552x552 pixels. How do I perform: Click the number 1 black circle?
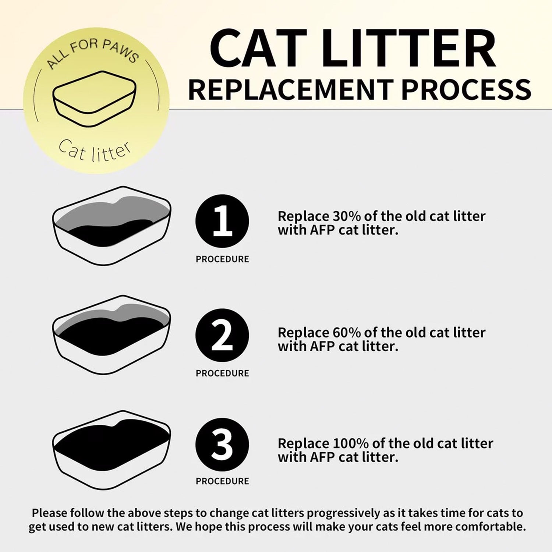click(222, 221)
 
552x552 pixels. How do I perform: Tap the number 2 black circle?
click(222, 335)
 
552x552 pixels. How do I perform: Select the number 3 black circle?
click(222, 445)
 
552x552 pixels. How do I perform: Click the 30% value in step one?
click(347, 216)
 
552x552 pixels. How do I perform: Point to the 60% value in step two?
click(347, 332)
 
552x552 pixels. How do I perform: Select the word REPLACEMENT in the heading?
click(291, 90)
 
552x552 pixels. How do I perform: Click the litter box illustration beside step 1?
click(112, 226)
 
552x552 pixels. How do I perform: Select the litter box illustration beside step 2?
click(112, 335)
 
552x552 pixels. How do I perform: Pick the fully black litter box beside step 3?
click(112, 450)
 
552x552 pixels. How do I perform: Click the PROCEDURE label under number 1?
click(222, 259)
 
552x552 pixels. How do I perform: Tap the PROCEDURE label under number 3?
click(222, 481)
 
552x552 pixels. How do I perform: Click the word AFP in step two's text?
click(322, 346)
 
